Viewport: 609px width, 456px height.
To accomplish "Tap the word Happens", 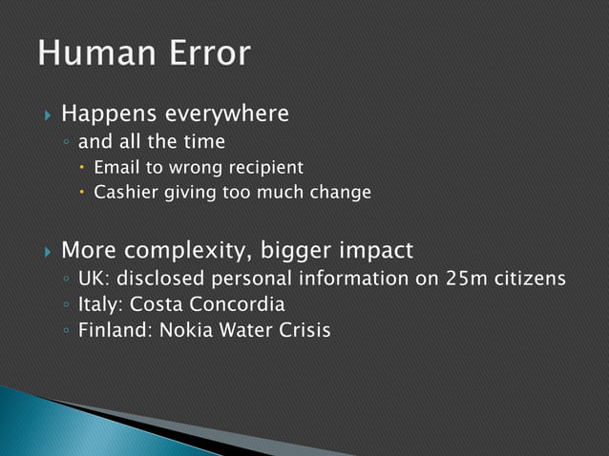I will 110,115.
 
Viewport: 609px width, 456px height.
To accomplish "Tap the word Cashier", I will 125,193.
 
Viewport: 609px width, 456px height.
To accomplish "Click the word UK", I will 92,280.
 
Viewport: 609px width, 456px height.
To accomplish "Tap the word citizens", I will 532,280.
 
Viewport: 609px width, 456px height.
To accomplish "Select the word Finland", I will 111,332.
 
